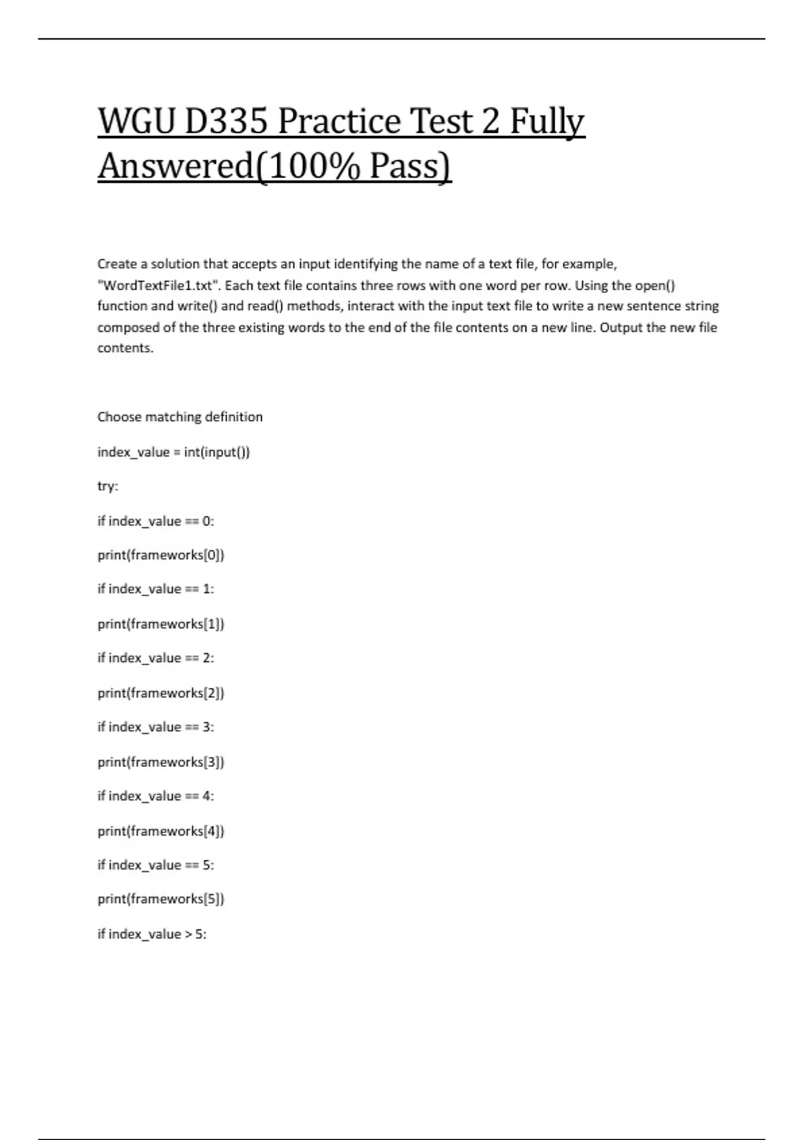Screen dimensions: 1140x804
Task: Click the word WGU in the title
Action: [x=136, y=122]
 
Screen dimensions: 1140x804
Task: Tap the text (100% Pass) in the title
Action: [x=353, y=166]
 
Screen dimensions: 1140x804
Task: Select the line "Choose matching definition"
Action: [x=180, y=416]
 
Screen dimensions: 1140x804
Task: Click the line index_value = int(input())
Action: [x=174, y=452]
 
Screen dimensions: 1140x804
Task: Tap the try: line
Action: [x=108, y=486]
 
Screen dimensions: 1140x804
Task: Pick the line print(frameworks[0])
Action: [x=161, y=555]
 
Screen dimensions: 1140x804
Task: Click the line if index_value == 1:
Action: [x=155, y=589]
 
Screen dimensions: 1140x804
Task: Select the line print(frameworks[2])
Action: [x=161, y=693]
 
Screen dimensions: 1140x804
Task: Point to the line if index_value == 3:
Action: [x=155, y=727]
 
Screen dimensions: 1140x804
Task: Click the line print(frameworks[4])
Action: [x=161, y=831]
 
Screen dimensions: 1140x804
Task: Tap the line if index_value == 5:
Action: [x=155, y=865]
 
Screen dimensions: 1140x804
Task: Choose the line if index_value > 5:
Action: [x=152, y=933]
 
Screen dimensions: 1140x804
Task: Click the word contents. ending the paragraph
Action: [x=125, y=348]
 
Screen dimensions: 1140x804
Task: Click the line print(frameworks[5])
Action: [x=161, y=899]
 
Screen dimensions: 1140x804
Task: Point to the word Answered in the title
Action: [x=175, y=166]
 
